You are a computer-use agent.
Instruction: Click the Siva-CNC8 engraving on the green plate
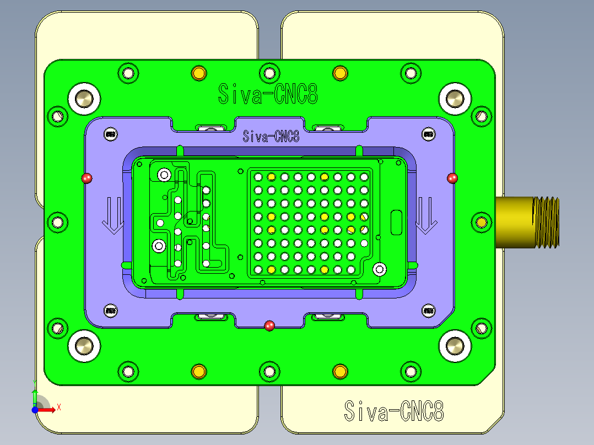(x=268, y=94)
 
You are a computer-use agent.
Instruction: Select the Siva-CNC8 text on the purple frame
(x=271, y=136)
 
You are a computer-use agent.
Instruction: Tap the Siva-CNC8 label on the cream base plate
(x=393, y=411)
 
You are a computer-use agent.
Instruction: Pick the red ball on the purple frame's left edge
(x=87, y=178)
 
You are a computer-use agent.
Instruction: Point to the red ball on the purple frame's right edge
(x=452, y=178)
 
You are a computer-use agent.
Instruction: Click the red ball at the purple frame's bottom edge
(x=269, y=325)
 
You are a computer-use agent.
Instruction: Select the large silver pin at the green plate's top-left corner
(x=84, y=99)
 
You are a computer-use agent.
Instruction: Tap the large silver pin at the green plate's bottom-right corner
(x=455, y=346)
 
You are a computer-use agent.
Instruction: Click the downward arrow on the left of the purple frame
(x=113, y=215)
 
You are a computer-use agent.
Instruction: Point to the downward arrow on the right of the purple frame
(x=425, y=215)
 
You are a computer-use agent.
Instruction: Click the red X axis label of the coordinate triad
(x=58, y=407)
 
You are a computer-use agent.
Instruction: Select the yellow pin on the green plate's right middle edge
(x=482, y=222)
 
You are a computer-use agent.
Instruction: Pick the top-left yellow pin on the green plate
(x=198, y=73)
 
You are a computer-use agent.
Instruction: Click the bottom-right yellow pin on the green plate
(x=340, y=371)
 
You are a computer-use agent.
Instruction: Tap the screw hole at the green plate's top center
(x=269, y=73)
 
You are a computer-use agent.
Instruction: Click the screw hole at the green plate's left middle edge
(x=57, y=222)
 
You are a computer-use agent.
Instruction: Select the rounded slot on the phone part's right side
(x=396, y=222)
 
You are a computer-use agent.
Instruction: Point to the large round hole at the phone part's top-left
(x=164, y=175)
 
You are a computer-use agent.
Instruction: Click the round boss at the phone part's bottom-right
(x=379, y=269)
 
